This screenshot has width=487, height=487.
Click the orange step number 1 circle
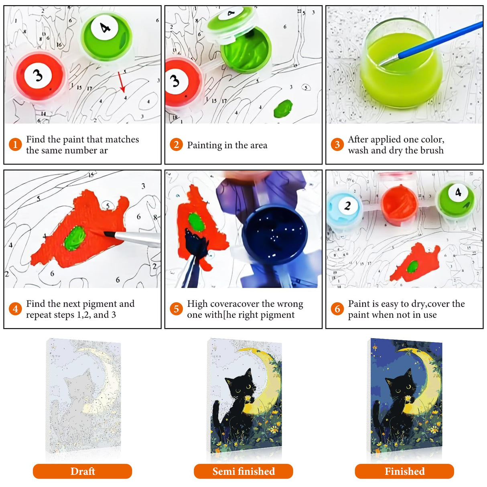pos(15,144)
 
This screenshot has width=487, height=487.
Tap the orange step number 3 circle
pos(337,144)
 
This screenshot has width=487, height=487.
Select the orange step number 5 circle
pos(176,309)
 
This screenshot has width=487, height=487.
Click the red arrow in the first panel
pos(122,82)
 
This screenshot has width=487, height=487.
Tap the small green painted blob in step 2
pos(284,109)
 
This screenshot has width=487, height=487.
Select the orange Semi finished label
pos(243,471)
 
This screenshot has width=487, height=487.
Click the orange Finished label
pos(404,471)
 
